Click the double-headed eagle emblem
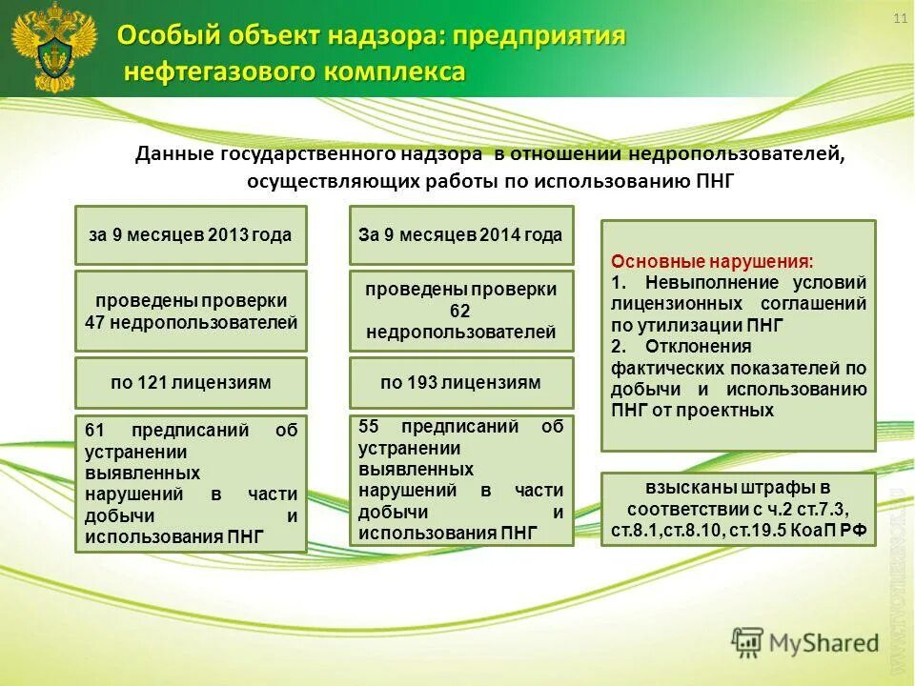(x=53, y=48)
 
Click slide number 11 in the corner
(x=899, y=21)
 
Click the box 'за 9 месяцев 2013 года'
(x=191, y=235)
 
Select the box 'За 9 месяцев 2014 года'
(x=461, y=235)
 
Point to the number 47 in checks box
(x=94, y=323)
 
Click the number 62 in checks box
(x=461, y=312)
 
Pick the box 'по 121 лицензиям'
(x=191, y=383)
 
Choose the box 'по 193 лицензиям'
(x=461, y=383)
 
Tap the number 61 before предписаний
(x=94, y=431)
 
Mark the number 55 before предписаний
(x=370, y=427)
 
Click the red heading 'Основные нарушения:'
(x=712, y=261)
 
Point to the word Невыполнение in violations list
(x=703, y=283)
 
